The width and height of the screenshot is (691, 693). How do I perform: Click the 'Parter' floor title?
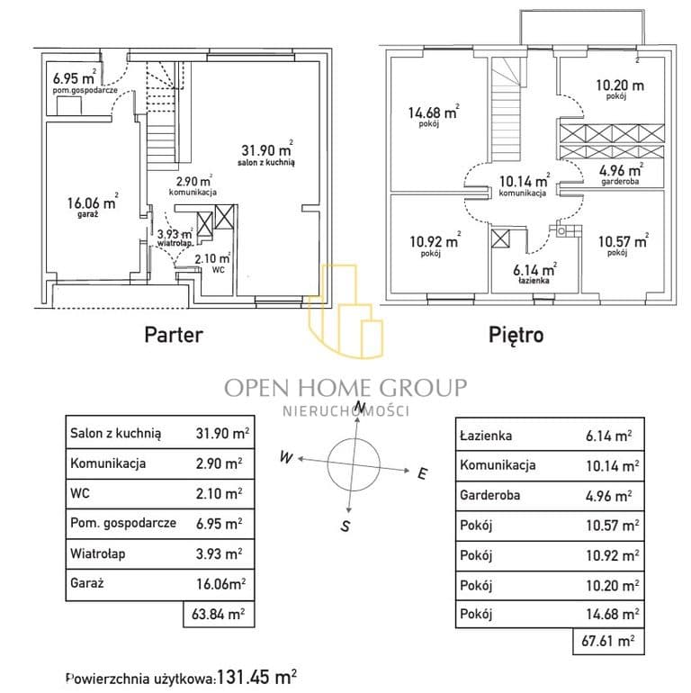pos(174,335)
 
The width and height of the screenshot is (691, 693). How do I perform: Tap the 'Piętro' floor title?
pos(516,335)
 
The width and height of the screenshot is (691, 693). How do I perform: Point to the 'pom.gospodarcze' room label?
pos(85,90)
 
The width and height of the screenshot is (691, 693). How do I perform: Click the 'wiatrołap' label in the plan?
pos(175,243)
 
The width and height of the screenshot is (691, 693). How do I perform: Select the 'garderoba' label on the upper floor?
pos(620,181)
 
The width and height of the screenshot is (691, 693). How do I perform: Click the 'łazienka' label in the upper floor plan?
pos(534,280)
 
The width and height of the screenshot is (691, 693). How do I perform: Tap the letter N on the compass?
pos(361,406)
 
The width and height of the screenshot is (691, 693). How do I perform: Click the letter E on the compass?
pos(422,473)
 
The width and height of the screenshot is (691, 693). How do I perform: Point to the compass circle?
pos(354,438)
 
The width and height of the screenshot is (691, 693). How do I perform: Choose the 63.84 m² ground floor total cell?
pos(219,614)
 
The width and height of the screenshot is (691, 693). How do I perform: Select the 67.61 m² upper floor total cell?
pos(608,641)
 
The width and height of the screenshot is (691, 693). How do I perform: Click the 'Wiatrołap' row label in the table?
pos(98,553)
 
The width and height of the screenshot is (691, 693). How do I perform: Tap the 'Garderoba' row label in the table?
pos(490,495)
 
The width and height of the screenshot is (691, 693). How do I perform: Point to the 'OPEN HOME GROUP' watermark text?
pos(345,388)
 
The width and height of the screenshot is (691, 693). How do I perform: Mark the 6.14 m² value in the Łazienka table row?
pos(608,436)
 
